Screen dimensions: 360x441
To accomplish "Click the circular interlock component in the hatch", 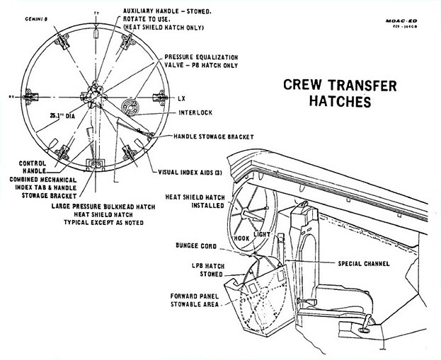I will coord(132,110).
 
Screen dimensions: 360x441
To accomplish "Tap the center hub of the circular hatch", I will coord(96,95).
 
